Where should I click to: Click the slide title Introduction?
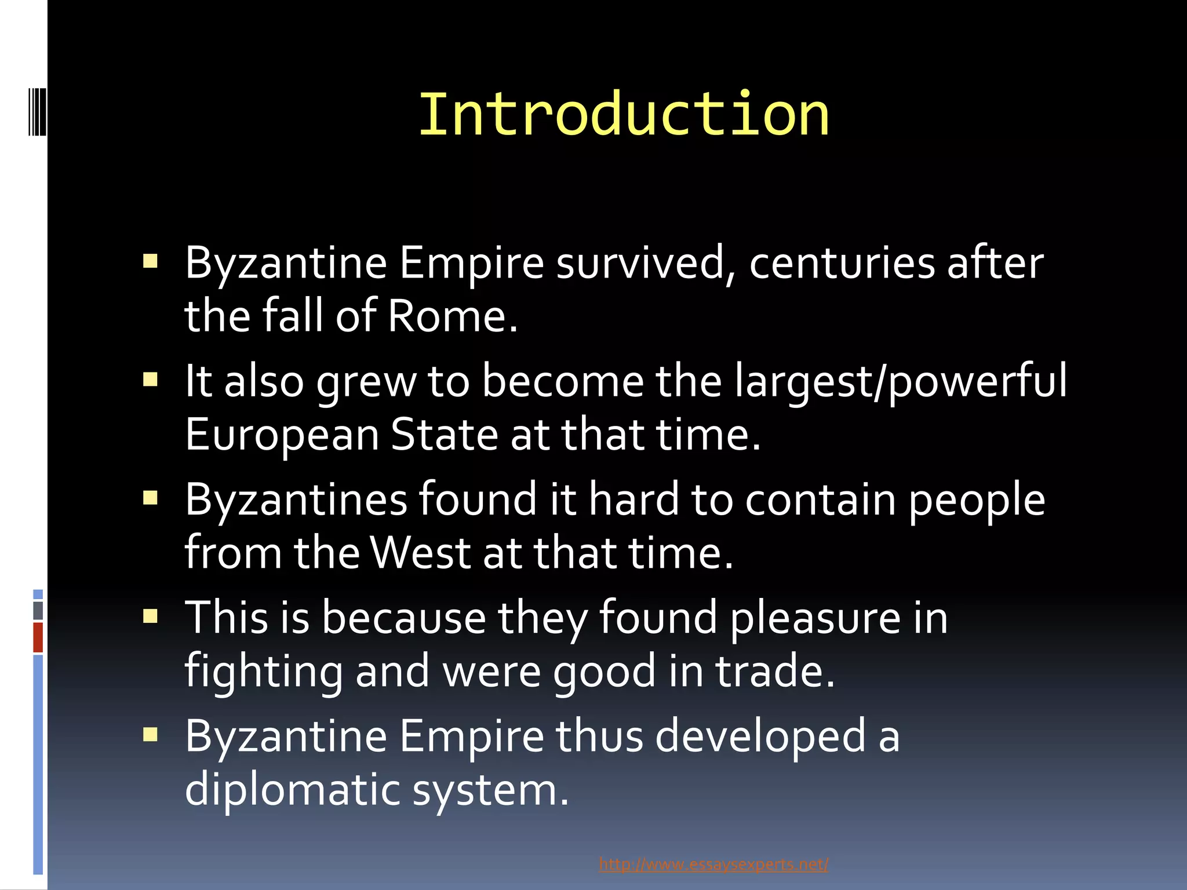click(624, 115)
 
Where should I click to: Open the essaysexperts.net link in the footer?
click(713, 865)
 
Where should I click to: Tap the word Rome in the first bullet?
click(452, 316)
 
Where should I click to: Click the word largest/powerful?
click(901, 381)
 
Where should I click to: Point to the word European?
click(282, 435)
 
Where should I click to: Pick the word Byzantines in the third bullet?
click(296, 499)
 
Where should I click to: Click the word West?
click(420, 552)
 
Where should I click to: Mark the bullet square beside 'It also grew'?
click(150, 380)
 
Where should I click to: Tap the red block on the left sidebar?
click(38, 637)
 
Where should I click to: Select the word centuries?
click(842, 262)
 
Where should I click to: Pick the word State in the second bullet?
click(444, 435)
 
